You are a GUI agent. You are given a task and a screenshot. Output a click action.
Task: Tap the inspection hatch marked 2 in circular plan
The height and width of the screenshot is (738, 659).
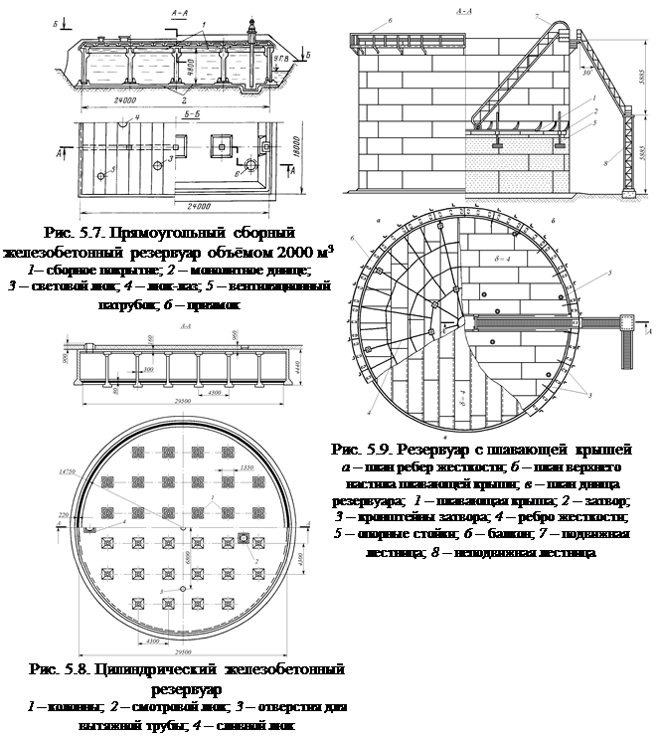[244, 538]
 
